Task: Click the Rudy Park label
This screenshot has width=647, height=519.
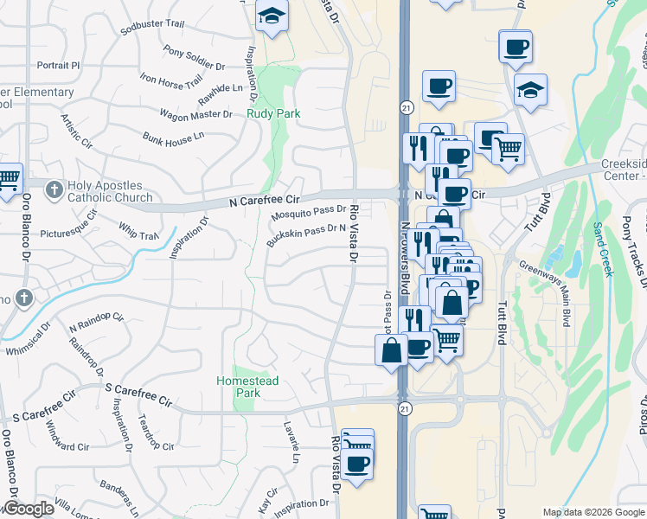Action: [272, 113]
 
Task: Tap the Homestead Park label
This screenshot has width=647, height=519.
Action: [235, 387]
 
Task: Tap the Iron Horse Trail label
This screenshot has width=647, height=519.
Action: [170, 80]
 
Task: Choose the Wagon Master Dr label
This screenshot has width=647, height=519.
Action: [195, 113]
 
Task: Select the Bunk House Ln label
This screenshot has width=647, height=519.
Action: [173, 136]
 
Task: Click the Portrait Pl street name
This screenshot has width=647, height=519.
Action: [58, 65]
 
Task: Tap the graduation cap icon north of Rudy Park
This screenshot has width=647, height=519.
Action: [272, 16]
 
